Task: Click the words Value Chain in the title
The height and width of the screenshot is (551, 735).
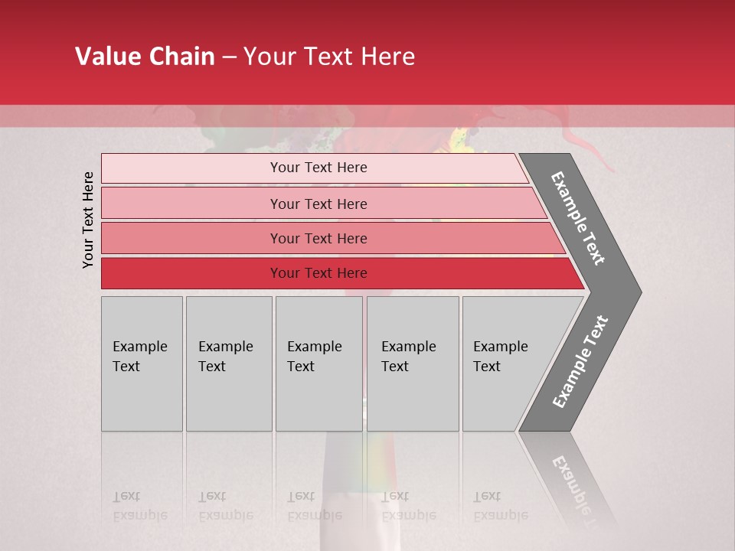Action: coord(145,57)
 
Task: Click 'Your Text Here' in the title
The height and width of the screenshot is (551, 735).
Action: coord(329,57)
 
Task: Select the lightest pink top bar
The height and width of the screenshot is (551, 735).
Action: coord(191,168)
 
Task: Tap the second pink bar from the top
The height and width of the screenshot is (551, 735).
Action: coord(191,204)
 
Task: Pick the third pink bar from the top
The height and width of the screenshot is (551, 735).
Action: coord(191,238)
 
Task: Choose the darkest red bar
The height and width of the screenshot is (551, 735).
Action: coord(191,273)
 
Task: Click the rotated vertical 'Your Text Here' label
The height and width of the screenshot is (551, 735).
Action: coord(88,220)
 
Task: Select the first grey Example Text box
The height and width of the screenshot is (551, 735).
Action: coord(142,364)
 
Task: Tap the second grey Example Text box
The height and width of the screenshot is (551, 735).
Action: coord(228,364)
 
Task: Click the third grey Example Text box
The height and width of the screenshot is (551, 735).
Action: coord(318,364)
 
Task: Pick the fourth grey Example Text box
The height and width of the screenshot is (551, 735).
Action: coord(412,364)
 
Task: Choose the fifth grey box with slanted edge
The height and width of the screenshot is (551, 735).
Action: coord(505,364)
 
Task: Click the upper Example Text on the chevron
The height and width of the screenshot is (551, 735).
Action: coord(578,218)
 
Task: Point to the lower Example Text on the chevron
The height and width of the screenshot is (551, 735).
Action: coord(580,362)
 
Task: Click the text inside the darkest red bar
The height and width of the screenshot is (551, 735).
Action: coord(318,273)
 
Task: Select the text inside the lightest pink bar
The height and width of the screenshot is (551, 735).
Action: coord(318,168)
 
